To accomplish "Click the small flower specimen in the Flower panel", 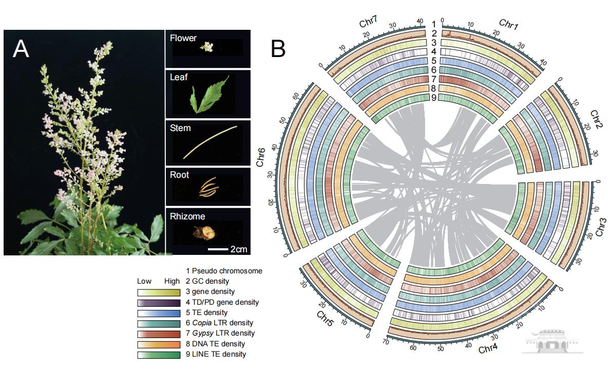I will coord(208,47).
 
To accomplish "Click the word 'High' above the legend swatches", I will coord(172,281).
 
